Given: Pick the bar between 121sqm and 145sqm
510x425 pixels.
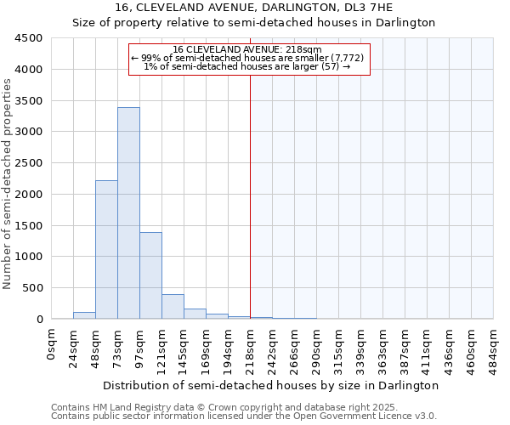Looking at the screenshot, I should [x=173, y=307].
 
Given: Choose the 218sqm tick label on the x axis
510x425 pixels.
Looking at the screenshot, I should [x=251, y=347].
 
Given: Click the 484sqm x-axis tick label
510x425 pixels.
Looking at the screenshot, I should [x=494, y=347].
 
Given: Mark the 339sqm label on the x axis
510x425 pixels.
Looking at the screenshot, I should [x=361, y=347].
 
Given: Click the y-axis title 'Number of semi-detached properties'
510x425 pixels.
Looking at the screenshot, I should [x=8, y=184].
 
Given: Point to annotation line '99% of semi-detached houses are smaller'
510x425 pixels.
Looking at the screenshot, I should [x=247, y=58].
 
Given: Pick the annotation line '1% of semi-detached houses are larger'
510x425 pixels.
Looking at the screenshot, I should [x=247, y=66].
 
